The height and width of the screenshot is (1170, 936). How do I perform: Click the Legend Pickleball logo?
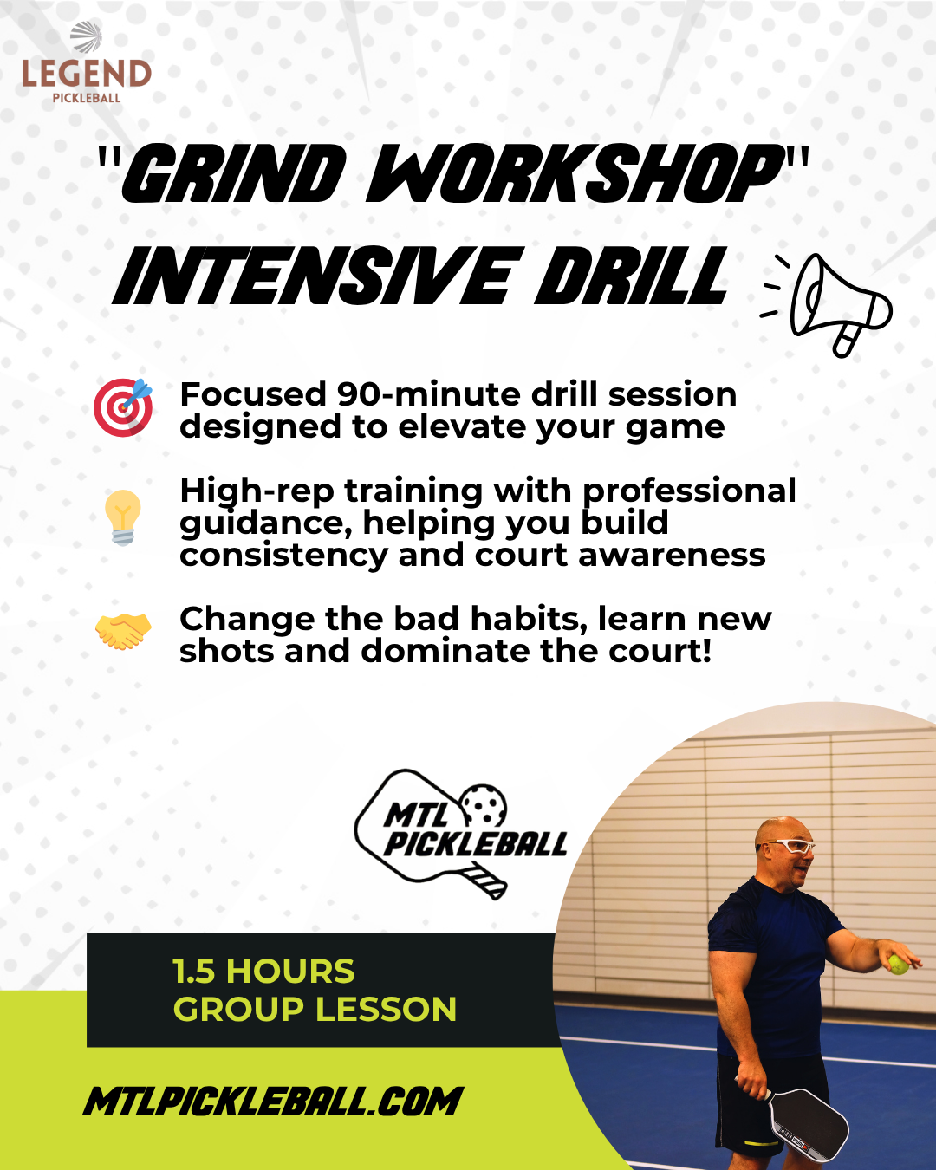click(x=87, y=62)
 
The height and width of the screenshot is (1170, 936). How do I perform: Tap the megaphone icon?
click(x=827, y=304)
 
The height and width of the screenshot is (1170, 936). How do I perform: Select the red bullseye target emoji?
click(x=123, y=407)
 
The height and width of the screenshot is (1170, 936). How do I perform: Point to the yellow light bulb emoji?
click(x=123, y=517)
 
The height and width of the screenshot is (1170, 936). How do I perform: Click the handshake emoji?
click(x=123, y=631)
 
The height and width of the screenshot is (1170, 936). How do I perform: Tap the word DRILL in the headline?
click(x=631, y=276)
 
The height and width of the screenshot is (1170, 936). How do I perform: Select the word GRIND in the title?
click(x=234, y=174)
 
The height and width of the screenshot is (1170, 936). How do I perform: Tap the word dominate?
click(x=445, y=651)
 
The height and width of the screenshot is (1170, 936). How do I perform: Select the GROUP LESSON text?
click(x=315, y=1010)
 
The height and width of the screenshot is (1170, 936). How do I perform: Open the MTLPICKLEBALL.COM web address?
click(x=273, y=1102)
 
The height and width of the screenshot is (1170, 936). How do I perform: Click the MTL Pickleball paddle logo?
click(x=460, y=834)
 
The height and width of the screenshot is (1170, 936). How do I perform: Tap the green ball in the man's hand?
click(x=898, y=965)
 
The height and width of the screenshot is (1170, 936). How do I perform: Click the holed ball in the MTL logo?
click(x=484, y=805)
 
